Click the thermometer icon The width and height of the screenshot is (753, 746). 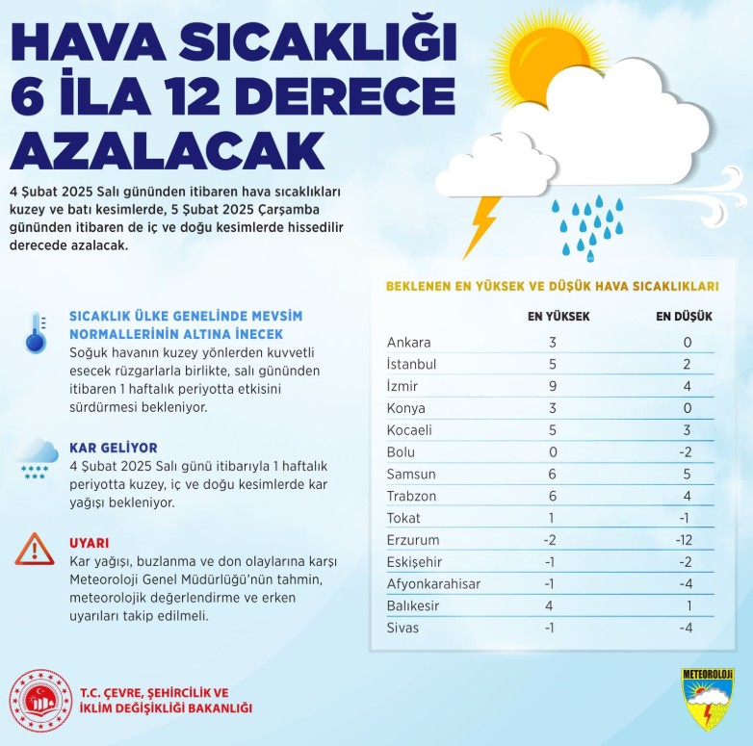tap(36, 331)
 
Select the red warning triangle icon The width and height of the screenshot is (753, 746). tap(35, 549)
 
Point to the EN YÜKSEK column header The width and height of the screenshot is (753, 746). tap(552, 317)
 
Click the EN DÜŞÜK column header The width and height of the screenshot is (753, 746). tap(684, 317)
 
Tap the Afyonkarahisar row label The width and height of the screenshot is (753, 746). tap(433, 584)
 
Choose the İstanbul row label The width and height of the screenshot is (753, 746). tap(411, 364)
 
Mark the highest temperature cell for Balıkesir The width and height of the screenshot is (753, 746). tap(553, 606)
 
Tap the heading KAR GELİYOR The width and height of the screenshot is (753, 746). tap(114, 449)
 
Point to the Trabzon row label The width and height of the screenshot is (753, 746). tap(411, 495)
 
